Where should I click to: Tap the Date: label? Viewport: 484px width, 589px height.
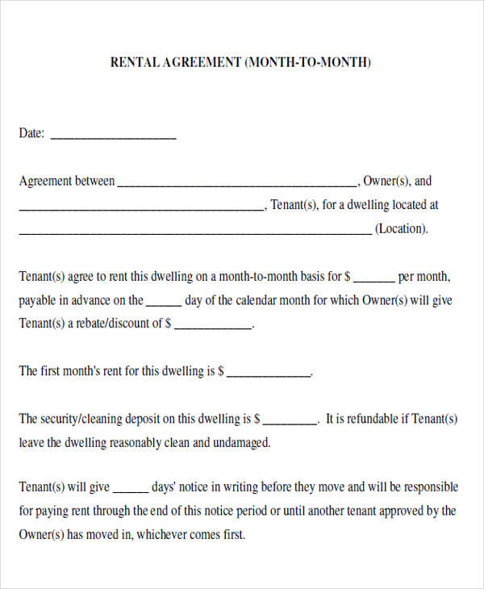(x=31, y=134)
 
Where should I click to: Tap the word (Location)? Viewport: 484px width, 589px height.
(x=401, y=229)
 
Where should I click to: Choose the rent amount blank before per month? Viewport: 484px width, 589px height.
(x=374, y=280)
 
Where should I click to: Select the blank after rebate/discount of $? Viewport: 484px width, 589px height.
(x=213, y=328)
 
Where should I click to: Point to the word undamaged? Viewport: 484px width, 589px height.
(x=242, y=443)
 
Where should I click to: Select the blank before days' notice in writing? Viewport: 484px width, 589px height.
(x=131, y=491)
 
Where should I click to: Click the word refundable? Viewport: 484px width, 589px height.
(x=372, y=420)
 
